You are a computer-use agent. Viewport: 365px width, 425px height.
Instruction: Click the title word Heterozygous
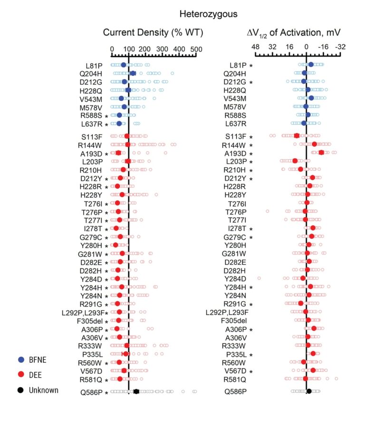[x=208, y=14]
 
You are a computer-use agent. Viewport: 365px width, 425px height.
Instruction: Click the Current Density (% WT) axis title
[x=153, y=32]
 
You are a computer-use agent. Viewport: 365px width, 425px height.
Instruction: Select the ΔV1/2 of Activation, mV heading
[x=293, y=33]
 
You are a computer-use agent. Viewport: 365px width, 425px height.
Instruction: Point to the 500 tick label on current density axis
[x=196, y=49]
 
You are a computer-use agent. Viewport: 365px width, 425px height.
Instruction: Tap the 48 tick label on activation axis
[x=255, y=47]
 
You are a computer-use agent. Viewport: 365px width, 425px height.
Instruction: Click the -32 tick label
[x=340, y=47]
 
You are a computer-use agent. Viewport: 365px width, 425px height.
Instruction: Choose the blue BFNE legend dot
[x=21, y=359]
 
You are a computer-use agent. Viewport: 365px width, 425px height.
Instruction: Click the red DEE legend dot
[x=21, y=375]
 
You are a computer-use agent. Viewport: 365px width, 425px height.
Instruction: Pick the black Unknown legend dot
[x=20, y=390]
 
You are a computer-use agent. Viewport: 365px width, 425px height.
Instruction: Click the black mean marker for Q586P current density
[x=136, y=391]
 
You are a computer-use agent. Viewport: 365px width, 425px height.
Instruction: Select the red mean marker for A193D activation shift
[x=321, y=152]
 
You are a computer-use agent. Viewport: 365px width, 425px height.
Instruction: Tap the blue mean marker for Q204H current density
[x=133, y=73]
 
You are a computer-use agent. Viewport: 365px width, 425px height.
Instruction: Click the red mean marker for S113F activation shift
[x=297, y=135]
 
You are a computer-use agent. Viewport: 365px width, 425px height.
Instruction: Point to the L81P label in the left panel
[x=94, y=66]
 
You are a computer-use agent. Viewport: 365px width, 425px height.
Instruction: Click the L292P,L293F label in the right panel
[x=227, y=312]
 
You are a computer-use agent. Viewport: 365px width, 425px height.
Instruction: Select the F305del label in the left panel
[x=90, y=321]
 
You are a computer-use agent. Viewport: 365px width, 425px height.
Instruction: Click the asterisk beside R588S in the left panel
[x=106, y=116]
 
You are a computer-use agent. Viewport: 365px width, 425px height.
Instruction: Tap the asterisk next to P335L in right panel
[x=251, y=355]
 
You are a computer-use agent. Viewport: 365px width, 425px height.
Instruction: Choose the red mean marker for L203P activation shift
[x=295, y=161]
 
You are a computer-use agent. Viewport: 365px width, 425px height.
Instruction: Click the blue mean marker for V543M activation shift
[x=311, y=98]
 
